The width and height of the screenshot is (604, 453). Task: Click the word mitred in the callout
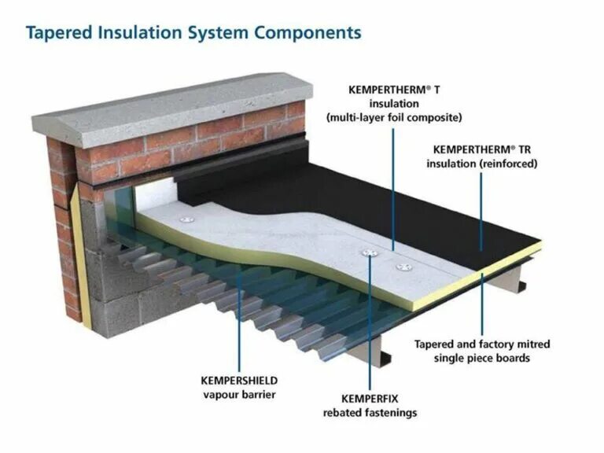[x=528, y=344]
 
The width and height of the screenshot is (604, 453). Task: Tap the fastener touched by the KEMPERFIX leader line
[x=370, y=253]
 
